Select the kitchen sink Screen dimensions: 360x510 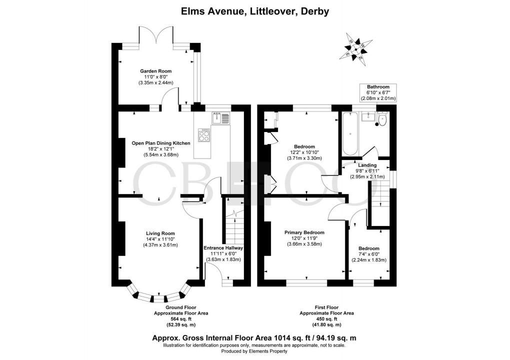(x=220, y=118)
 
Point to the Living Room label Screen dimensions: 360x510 (x=160, y=233)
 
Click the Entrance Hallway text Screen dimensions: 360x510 (x=223, y=247)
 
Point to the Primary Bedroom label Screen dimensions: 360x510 (x=304, y=232)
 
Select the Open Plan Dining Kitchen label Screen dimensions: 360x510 (x=160, y=143)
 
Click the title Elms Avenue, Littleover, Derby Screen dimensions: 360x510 (x=254, y=11)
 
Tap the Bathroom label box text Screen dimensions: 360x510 (x=378, y=87)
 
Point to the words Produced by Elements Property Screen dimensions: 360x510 (x=254, y=351)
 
